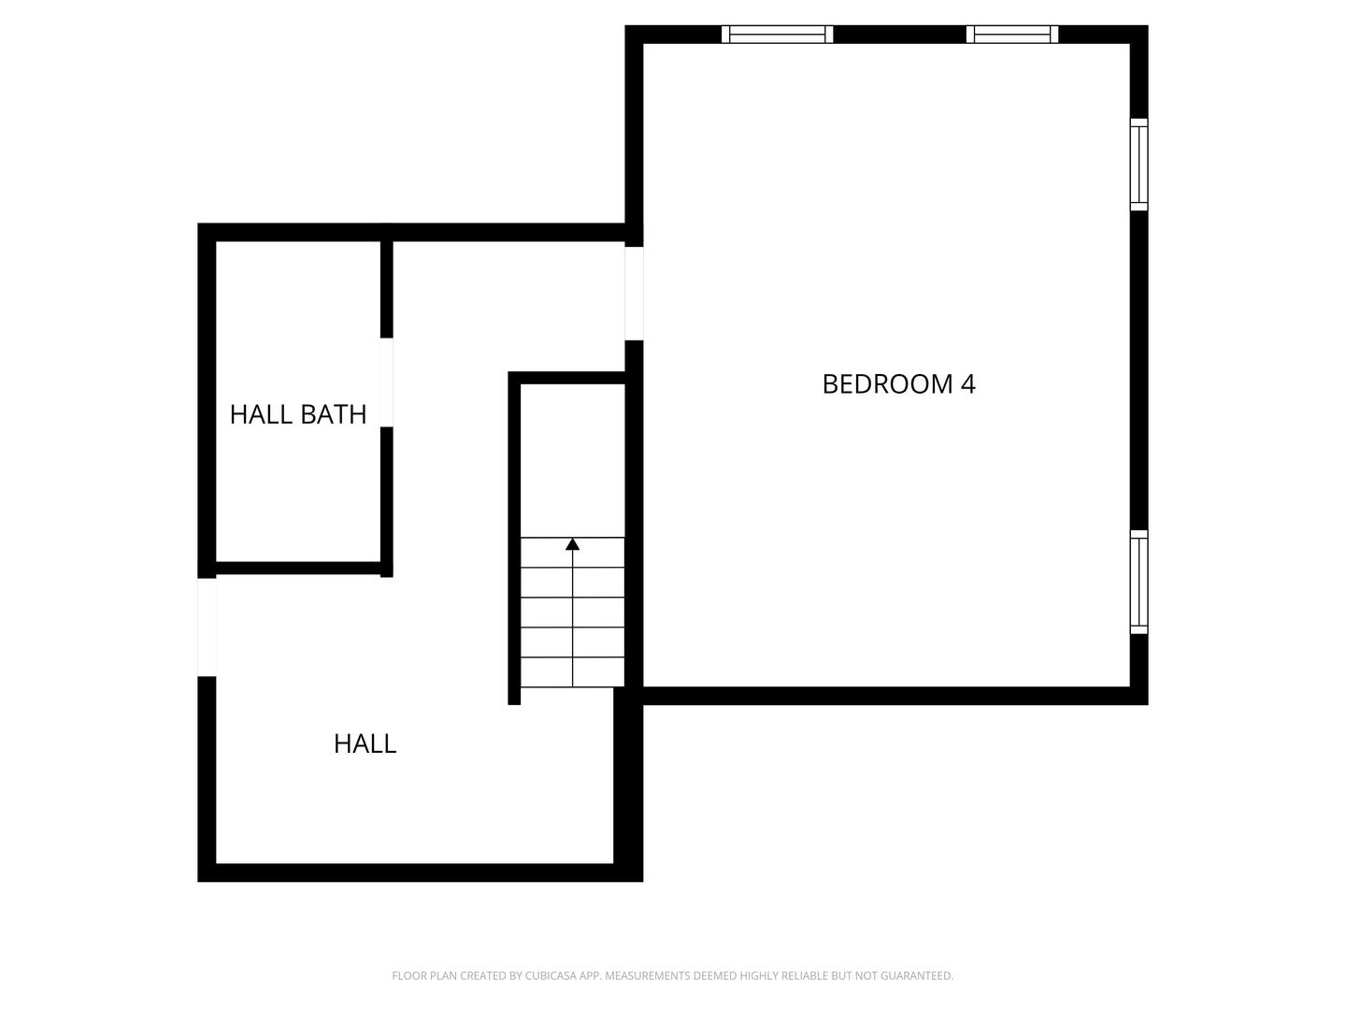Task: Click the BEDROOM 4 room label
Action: (898, 384)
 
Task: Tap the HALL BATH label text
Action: (298, 414)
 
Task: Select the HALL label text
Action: (365, 744)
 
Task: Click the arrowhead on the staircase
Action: (573, 544)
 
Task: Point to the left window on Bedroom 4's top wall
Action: (778, 35)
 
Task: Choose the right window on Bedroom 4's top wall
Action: (1012, 35)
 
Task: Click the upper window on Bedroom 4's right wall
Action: (1138, 165)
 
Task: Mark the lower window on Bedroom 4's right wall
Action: (1138, 582)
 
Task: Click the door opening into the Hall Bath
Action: (386, 382)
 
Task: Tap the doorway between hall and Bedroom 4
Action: (634, 293)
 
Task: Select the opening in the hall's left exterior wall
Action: (207, 627)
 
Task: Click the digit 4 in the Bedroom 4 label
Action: (968, 384)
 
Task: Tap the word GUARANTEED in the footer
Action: (917, 976)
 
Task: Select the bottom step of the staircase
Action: (572, 672)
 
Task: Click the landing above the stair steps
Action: (572, 458)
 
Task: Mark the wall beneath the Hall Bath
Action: (297, 568)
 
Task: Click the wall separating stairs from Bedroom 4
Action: (634, 524)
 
